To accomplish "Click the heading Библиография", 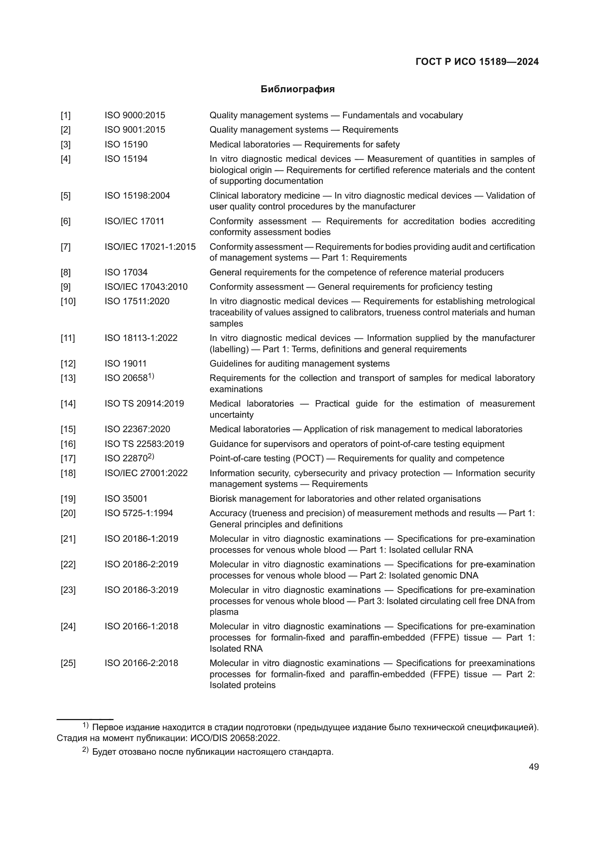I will coord(297,89).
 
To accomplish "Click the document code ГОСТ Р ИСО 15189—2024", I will coord(477,62).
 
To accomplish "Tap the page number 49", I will coord(534,767).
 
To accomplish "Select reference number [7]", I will coord(65,247).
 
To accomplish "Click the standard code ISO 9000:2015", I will coord(135,115).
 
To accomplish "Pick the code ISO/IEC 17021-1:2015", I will coord(150,247).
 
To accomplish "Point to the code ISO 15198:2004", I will coord(137,195).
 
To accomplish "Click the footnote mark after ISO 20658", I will coord(151,376).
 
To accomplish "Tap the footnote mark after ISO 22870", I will coord(151,456).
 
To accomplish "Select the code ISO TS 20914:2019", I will coord(144,404).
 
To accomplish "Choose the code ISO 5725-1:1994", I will coord(139,513).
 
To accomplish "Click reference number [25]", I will coord(68,663).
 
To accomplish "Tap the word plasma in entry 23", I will coord(224,612).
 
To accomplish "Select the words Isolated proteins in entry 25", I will coord(242,685).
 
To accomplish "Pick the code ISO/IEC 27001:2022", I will coord(146,473).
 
